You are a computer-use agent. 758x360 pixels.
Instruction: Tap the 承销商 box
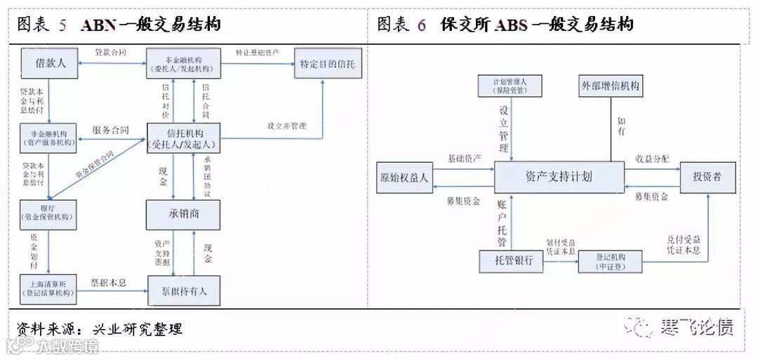tap(183, 214)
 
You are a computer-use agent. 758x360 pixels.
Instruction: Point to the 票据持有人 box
tap(183, 289)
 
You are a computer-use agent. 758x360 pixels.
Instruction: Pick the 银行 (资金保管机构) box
tap(48, 214)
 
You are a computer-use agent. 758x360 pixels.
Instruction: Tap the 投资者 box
tap(707, 177)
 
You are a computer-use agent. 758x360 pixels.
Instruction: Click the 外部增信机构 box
tap(610, 86)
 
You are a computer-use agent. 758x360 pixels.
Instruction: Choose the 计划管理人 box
tap(511, 86)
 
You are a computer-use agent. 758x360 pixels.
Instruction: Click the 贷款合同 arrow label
tap(110, 53)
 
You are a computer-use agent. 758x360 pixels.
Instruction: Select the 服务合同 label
tap(110, 130)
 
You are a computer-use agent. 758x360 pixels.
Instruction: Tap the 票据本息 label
tap(109, 283)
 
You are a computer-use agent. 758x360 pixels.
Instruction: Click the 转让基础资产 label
tap(258, 53)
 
